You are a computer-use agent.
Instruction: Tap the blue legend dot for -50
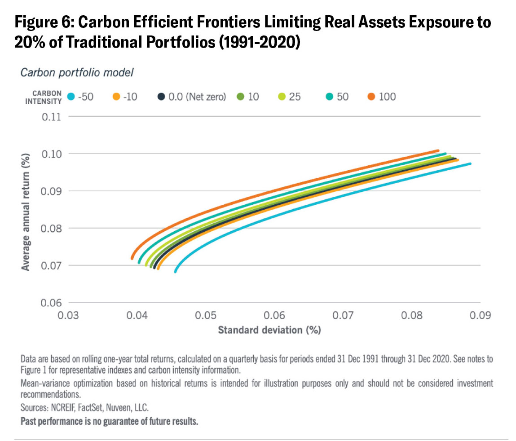coord(70,97)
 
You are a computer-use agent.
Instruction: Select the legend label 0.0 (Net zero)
coord(197,97)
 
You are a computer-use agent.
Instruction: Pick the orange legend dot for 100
coord(372,97)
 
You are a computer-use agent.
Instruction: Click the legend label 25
coord(295,97)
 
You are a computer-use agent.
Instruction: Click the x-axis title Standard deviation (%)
coord(269,330)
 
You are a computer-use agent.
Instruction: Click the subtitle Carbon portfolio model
coord(77,72)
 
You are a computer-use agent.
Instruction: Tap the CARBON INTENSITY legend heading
coord(47,97)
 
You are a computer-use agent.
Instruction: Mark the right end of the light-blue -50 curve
coord(470,164)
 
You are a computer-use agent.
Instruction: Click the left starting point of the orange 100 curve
coord(132,258)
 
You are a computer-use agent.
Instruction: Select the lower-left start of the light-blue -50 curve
coord(176,272)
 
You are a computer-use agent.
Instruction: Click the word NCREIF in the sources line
coord(64,408)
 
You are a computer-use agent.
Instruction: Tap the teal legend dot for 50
coord(330,97)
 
